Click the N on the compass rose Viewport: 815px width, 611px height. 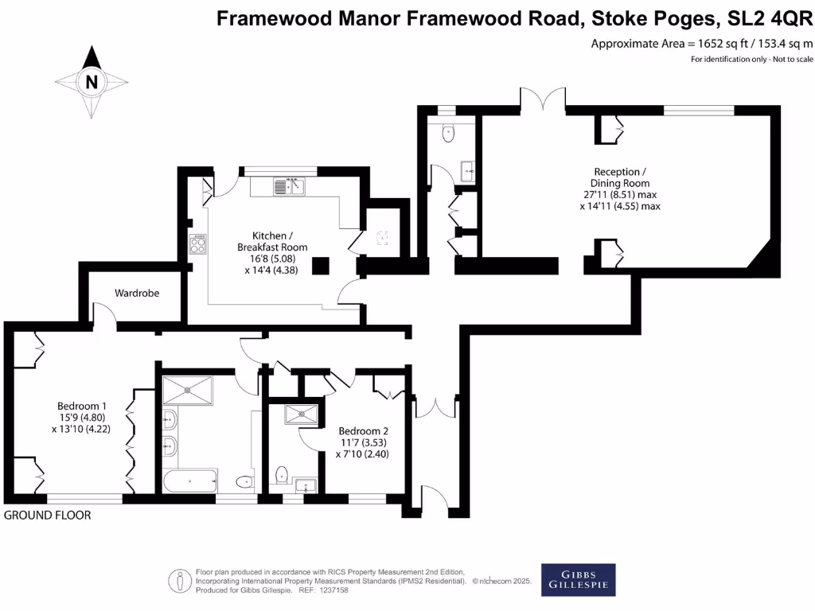(x=92, y=81)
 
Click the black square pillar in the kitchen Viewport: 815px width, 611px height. (x=321, y=266)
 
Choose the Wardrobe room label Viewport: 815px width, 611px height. (x=137, y=293)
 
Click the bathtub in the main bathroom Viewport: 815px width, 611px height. (x=189, y=481)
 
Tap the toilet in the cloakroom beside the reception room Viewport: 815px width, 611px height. (x=448, y=134)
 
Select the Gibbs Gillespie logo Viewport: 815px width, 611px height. (x=578, y=578)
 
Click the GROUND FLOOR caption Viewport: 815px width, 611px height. (x=48, y=516)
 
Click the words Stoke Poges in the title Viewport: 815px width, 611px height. (x=633, y=18)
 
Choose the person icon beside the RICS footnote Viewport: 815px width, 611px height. (x=181, y=581)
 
